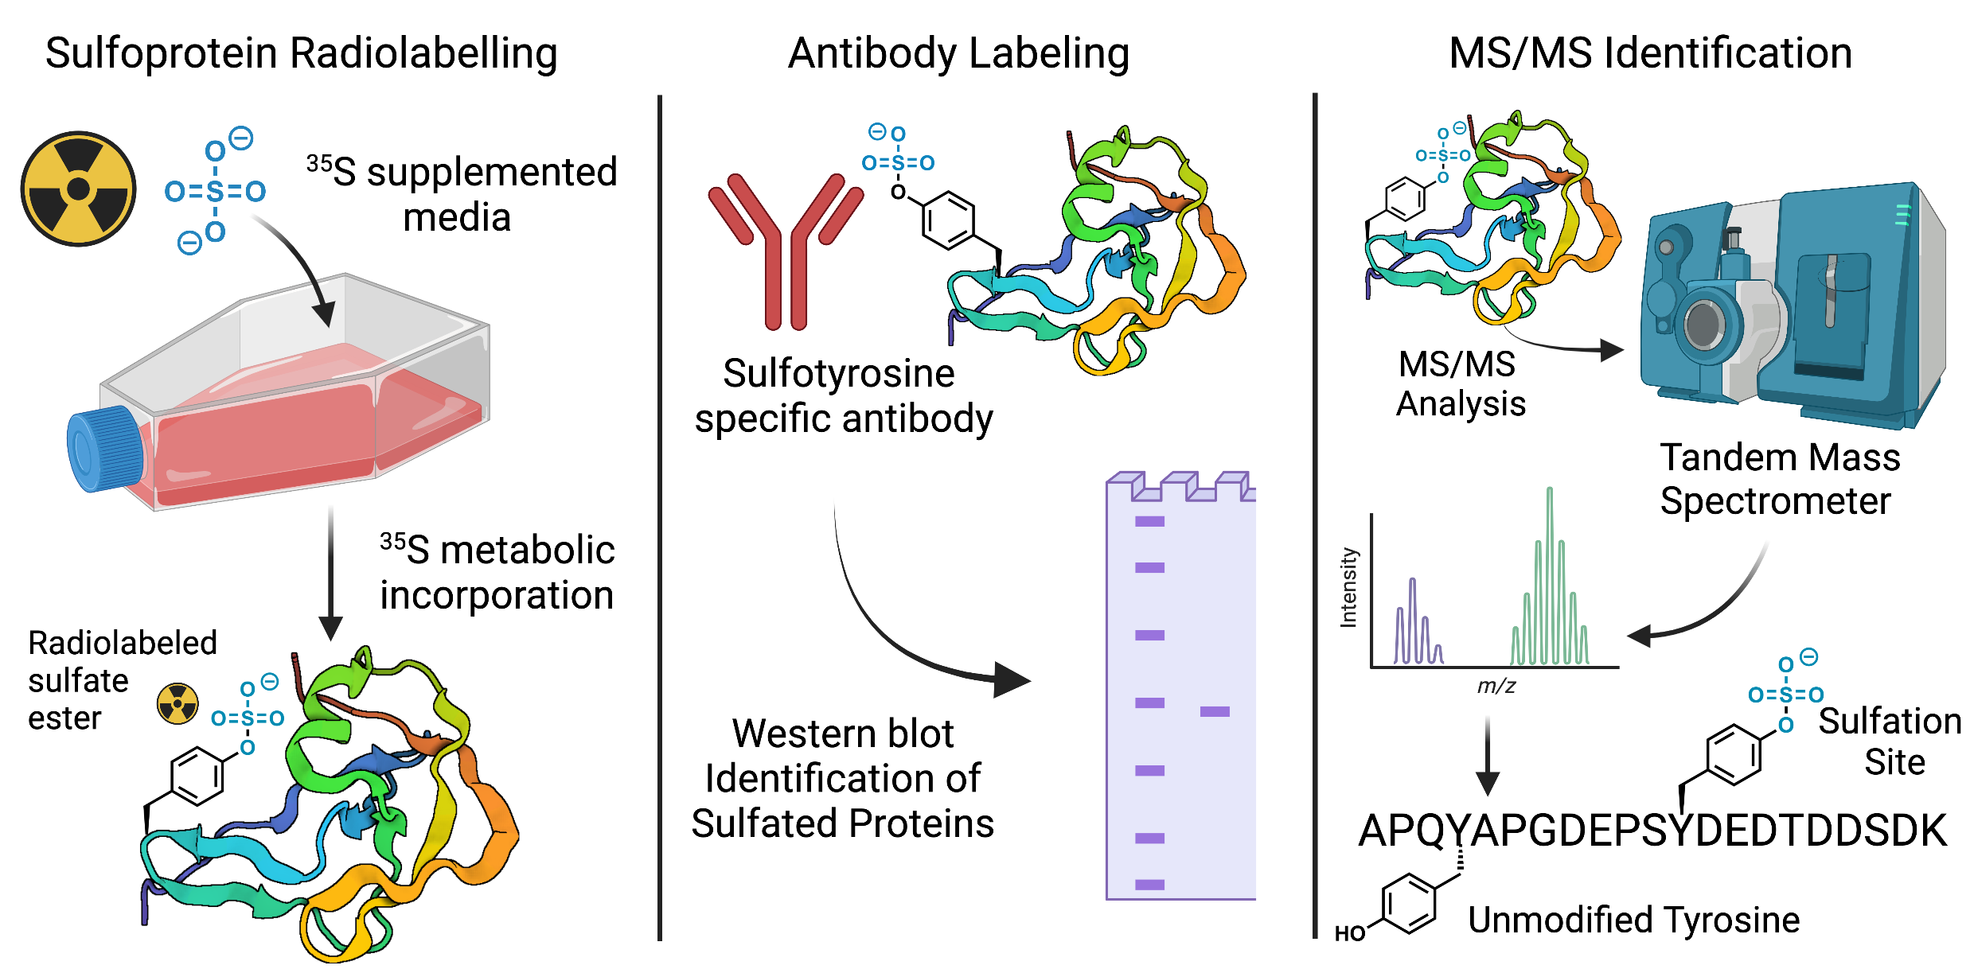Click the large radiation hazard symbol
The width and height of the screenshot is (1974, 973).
[x=78, y=189]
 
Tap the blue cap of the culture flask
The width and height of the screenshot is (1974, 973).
[x=103, y=450]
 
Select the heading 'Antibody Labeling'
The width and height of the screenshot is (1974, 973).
[x=958, y=54]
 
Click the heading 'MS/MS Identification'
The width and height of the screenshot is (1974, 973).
[x=1650, y=54]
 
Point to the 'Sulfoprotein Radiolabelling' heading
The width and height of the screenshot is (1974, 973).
[x=301, y=54]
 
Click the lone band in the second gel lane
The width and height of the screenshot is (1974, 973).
[x=1215, y=711]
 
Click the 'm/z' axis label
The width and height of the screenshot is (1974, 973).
[x=1496, y=686]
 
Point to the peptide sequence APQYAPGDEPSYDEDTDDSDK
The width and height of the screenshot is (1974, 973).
[x=1652, y=831]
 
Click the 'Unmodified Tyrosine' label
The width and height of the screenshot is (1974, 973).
[x=1633, y=920]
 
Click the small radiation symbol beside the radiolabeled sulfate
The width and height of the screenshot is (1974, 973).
[x=178, y=703]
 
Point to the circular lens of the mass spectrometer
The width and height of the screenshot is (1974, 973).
[x=1703, y=324]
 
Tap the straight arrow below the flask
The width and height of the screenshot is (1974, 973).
[x=330, y=573]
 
